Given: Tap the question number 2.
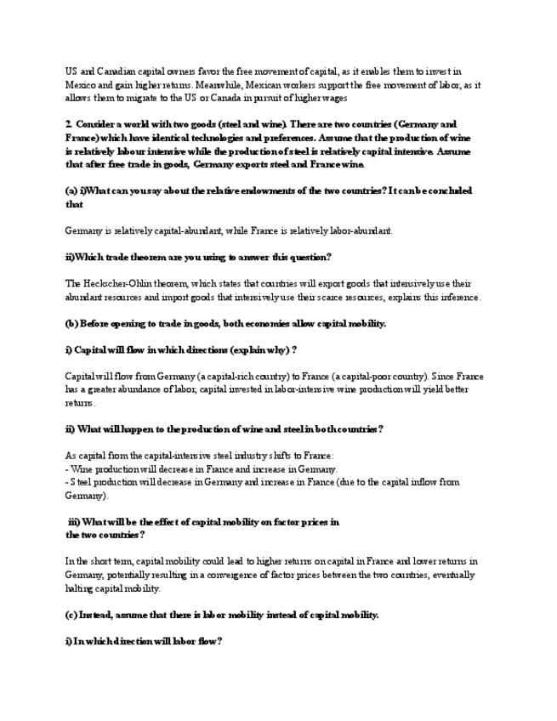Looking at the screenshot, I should pos(68,124).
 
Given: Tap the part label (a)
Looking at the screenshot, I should pos(71,190).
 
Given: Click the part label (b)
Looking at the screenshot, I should pos(71,323).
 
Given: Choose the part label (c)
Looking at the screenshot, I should pos(71,615).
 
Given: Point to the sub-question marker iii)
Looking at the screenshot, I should pos(74,521).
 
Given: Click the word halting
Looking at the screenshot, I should pos(81,588).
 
